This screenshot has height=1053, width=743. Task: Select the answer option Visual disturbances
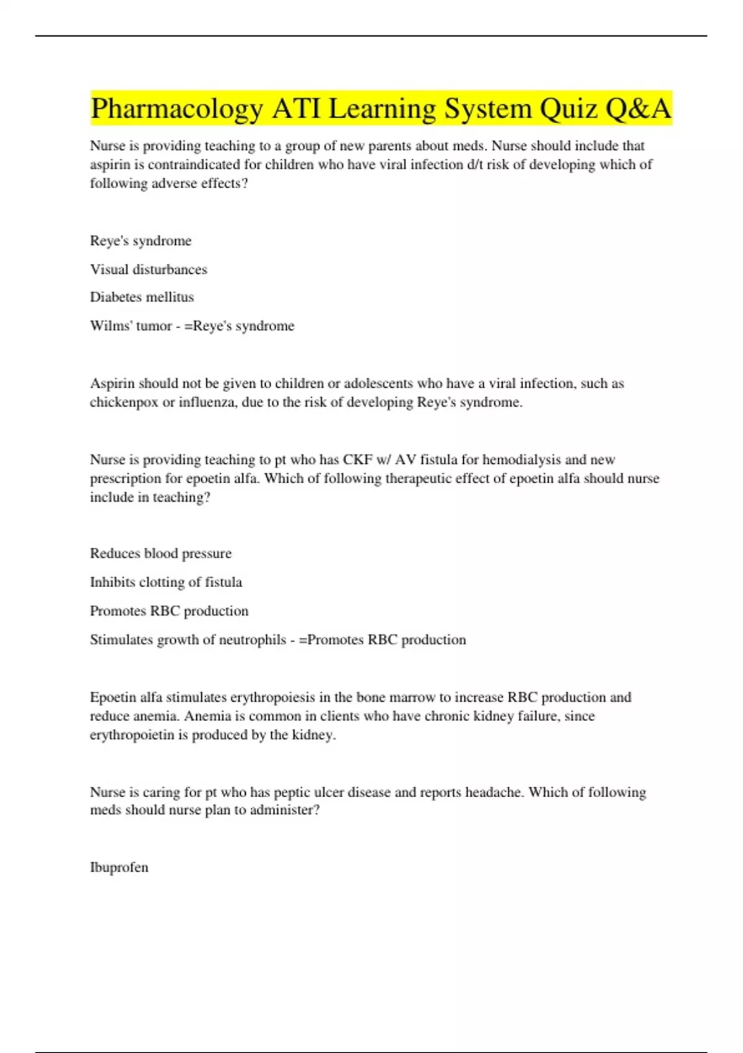(149, 269)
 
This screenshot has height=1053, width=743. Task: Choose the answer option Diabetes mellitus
(142, 297)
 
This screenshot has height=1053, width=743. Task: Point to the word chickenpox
(124, 403)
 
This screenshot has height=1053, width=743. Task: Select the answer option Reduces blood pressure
(160, 554)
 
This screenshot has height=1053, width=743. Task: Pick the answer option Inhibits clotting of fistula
(166, 582)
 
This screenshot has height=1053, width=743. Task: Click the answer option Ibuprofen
(119, 867)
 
